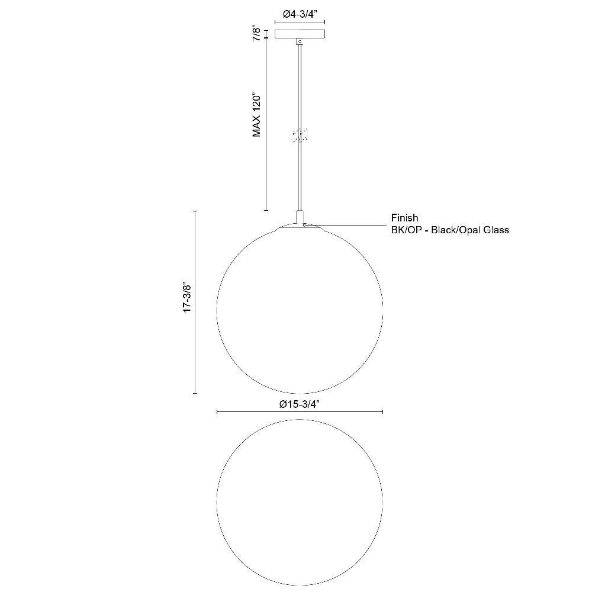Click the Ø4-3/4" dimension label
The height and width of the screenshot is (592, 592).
(x=300, y=14)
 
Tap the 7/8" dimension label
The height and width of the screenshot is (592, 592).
(x=257, y=34)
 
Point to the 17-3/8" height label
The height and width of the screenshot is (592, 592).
(x=188, y=297)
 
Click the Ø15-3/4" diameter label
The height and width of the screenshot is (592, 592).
(x=300, y=404)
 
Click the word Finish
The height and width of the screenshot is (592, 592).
(x=404, y=218)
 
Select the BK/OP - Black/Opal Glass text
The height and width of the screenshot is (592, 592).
(x=450, y=230)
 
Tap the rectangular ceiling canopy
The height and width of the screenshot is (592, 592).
(x=300, y=34)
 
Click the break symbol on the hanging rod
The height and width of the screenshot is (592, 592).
(x=300, y=135)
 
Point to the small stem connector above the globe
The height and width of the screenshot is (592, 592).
(x=300, y=217)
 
